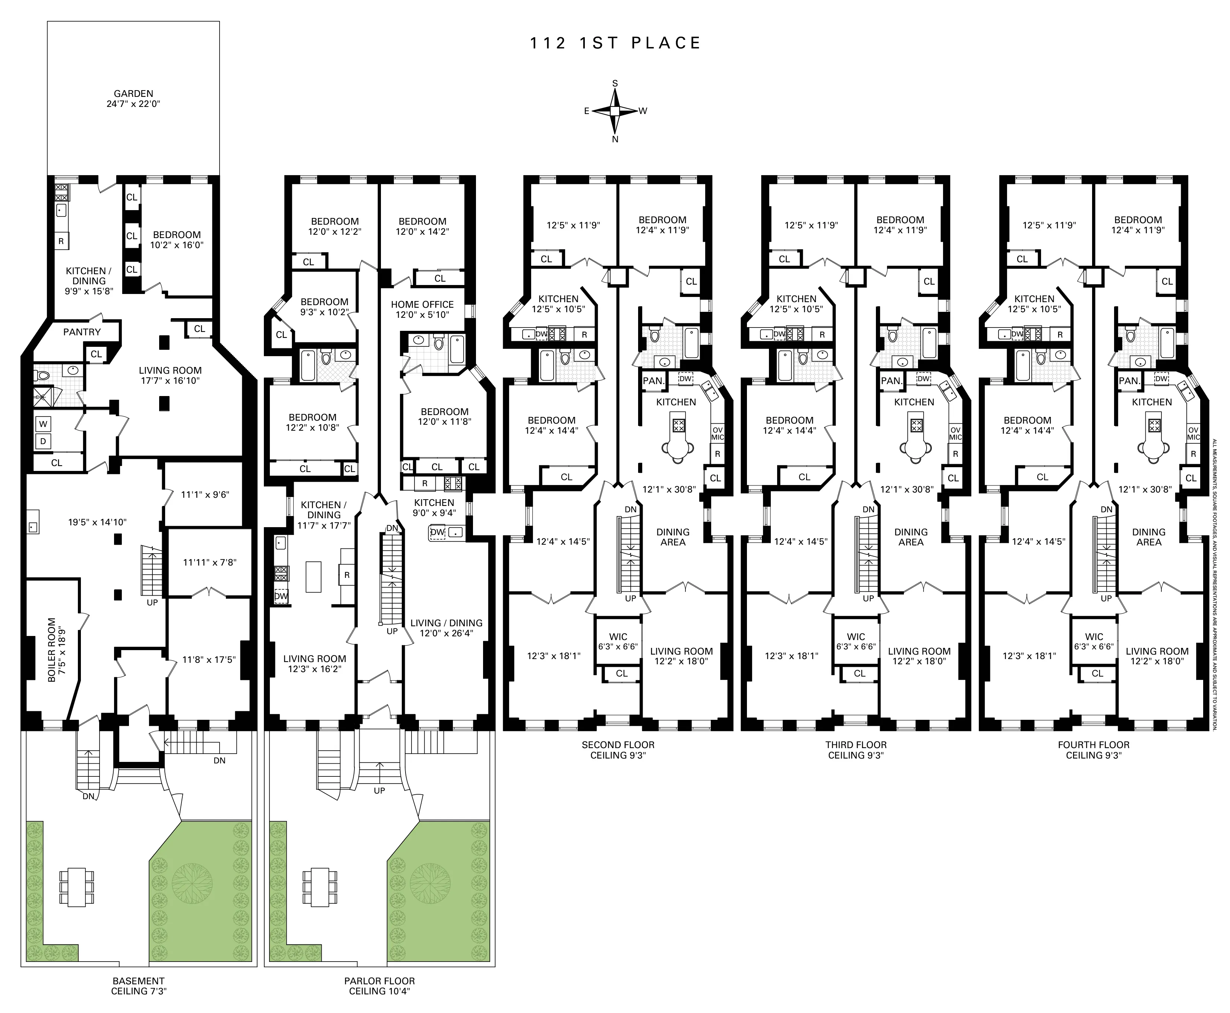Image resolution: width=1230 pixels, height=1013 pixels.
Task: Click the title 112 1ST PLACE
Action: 615,43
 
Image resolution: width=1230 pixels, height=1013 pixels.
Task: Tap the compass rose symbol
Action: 615,111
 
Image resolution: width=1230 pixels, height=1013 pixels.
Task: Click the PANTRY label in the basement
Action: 82,332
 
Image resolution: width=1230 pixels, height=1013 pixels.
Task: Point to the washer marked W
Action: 44,424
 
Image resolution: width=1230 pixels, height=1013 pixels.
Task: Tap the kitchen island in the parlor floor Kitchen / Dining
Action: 313,576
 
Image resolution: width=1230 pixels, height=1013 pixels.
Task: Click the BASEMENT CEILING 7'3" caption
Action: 138,985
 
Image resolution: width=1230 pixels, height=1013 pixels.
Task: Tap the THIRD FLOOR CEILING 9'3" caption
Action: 856,750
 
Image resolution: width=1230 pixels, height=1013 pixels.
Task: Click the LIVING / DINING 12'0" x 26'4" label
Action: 446,628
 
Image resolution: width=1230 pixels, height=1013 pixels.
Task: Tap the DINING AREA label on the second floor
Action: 672,537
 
